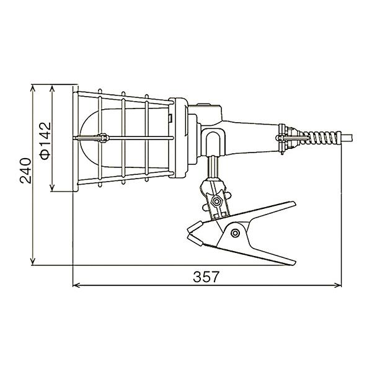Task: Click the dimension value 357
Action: click(x=205, y=277)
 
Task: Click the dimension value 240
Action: click(x=25, y=170)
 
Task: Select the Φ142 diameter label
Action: click(x=45, y=141)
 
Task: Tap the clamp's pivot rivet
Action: click(x=235, y=233)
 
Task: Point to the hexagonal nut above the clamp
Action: click(x=216, y=201)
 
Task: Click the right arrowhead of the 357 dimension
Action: click(x=338, y=285)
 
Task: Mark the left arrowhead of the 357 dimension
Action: click(x=77, y=285)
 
